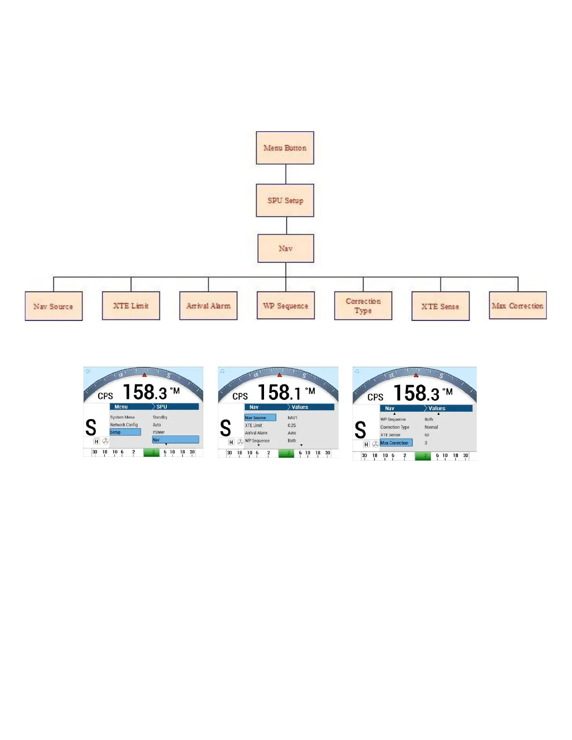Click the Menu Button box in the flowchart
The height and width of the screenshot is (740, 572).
[x=285, y=148]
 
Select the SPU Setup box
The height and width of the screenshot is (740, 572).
[x=285, y=200]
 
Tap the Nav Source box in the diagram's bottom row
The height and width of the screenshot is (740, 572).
[x=54, y=306]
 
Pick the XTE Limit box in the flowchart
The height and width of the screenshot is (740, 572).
[x=131, y=306]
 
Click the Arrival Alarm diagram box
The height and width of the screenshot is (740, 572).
[x=208, y=306]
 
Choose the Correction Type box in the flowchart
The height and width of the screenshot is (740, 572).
[x=363, y=306]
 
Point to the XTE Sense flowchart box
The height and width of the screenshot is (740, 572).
[x=440, y=306]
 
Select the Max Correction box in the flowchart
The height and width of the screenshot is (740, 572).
[x=518, y=306]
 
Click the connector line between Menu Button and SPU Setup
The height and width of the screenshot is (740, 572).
[x=286, y=174]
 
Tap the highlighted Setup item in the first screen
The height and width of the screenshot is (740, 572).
[x=125, y=432]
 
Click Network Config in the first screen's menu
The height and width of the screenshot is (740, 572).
[x=124, y=425]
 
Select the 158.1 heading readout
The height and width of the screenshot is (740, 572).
[x=279, y=392]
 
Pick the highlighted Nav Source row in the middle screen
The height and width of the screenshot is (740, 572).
[x=260, y=418]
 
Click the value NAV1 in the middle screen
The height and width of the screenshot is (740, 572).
[x=293, y=418]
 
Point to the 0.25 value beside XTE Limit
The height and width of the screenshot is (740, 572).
[x=292, y=425]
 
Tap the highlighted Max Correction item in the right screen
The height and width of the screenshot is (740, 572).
[x=396, y=443]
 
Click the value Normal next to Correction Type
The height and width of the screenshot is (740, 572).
[x=431, y=427]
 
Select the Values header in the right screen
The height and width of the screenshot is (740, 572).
[x=437, y=408]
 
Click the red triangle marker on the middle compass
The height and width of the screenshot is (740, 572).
[x=279, y=375]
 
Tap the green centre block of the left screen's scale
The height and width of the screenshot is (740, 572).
[x=151, y=452]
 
